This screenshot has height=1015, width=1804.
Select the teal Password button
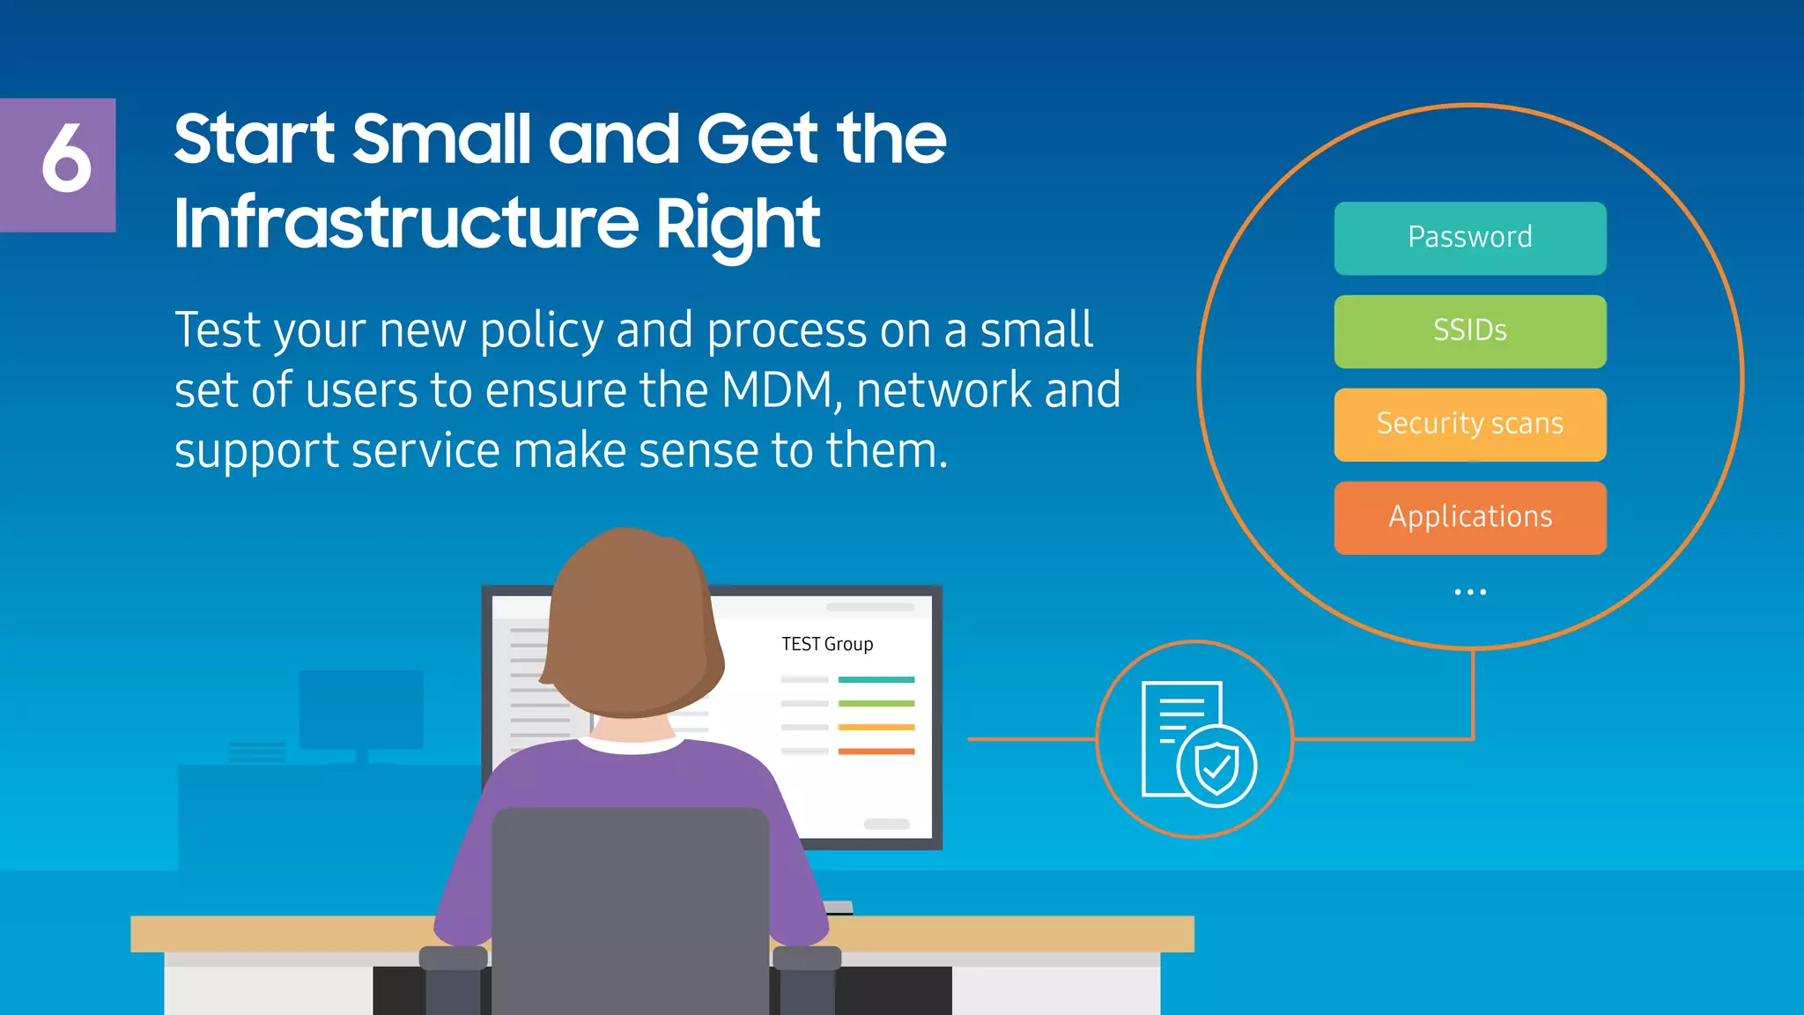[x=1469, y=238]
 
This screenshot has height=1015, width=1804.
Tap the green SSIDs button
[x=1469, y=331]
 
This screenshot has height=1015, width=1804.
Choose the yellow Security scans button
[x=1469, y=424]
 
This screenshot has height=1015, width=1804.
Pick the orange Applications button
[x=1469, y=517]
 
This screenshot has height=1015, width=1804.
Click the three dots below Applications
[x=1469, y=592]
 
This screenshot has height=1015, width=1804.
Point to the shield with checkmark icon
[x=1217, y=767]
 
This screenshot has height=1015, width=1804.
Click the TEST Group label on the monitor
[x=826, y=644]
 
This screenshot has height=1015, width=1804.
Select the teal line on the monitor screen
[x=876, y=679]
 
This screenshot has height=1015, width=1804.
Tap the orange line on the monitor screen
[x=876, y=752]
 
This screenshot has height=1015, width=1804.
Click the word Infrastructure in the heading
[x=406, y=223]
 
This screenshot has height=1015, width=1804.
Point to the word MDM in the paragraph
[x=776, y=390]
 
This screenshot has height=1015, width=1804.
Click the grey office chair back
[x=630, y=908]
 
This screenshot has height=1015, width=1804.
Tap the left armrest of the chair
[x=453, y=959]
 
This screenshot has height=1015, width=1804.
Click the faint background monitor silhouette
[x=361, y=709]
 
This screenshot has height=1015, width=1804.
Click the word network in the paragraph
[x=943, y=390]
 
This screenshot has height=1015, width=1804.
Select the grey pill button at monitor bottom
[x=886, y=825]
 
